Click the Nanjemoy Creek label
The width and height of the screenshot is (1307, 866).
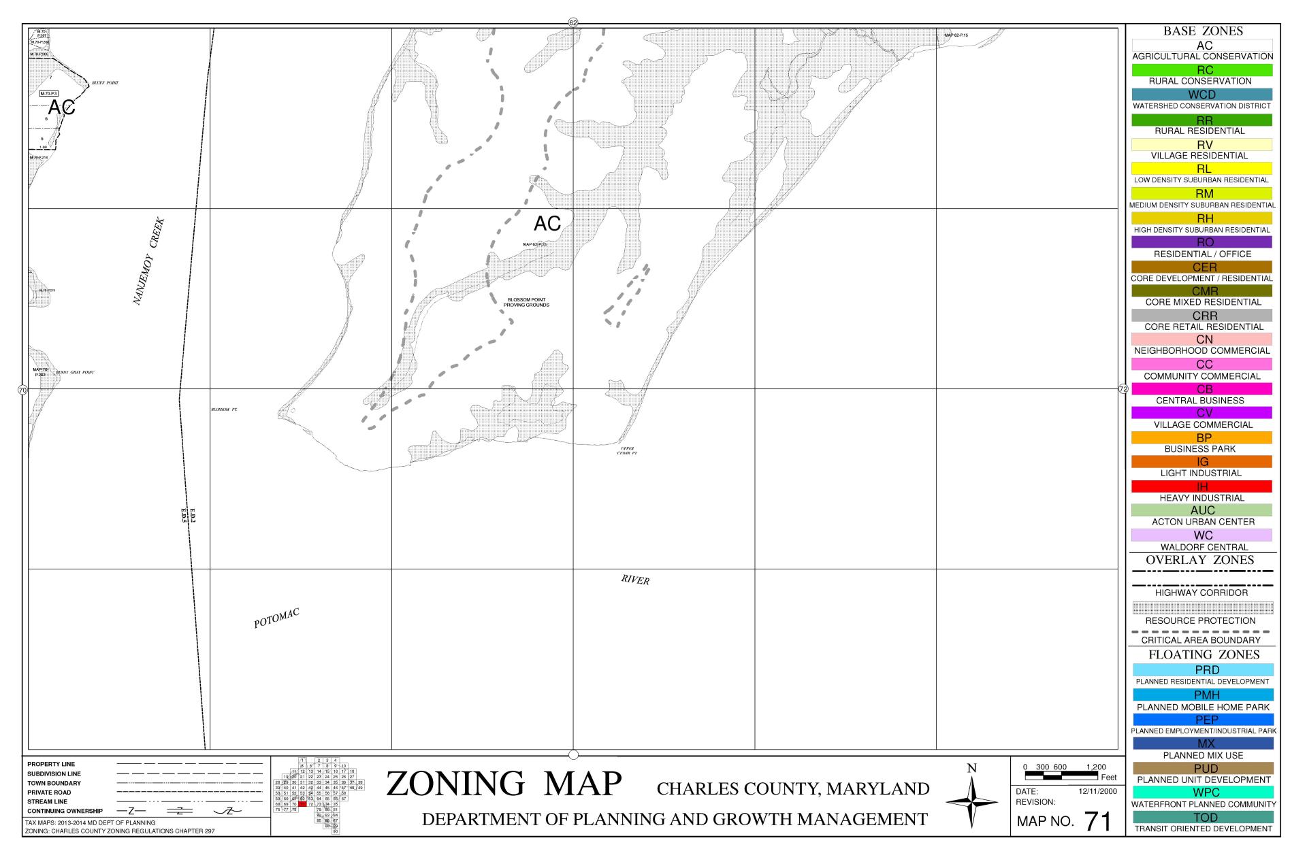[x=148, y=261]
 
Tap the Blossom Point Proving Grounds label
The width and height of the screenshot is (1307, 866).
[x=526, y=302]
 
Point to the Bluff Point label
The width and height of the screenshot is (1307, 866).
[x=105, y=83]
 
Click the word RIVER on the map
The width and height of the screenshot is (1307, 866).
[x=635, y=580]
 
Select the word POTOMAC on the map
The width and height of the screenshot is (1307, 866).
[x=276, y=618]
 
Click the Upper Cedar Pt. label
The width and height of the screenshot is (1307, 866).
[x=627, y=450]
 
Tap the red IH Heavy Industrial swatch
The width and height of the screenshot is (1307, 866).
[x=1201, y=486]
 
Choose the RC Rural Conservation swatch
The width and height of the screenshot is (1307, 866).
[x=1201, y=70]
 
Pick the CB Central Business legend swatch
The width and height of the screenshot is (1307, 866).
[x=1201, y=389]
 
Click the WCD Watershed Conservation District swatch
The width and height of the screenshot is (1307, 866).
[x=1201, y=95]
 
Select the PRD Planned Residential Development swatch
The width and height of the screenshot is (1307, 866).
[x=1201, y=670]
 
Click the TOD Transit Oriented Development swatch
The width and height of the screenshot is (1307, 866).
[x=1201, y=817]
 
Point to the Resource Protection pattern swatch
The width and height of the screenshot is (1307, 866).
[x=1201, y=607]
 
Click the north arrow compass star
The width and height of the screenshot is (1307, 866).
[x=971, y=803]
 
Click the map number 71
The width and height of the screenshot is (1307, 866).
[x=1097, y=821]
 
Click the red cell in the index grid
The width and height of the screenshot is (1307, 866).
[x=302, y=804]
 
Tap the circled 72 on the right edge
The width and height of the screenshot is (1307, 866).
[x=1123, y=389]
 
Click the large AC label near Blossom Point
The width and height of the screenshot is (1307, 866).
[x=547, y=223]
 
